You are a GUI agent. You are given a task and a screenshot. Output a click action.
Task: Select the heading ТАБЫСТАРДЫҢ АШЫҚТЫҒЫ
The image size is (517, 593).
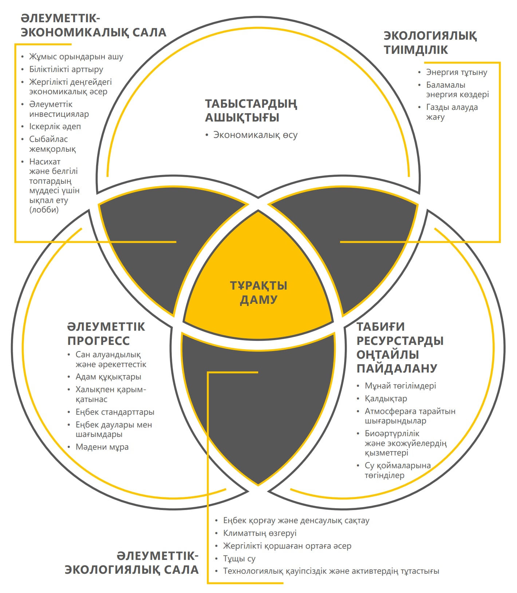pos(251,111)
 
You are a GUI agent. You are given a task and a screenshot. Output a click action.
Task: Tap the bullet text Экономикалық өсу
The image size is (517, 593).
pos(255,135)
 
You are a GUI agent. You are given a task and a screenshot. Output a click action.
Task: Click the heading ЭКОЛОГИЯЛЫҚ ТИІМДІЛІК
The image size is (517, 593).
pos(430,43)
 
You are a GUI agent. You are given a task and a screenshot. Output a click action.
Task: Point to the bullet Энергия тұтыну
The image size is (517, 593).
pos(456,72)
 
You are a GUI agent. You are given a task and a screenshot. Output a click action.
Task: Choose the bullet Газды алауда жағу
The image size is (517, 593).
pos(451,112)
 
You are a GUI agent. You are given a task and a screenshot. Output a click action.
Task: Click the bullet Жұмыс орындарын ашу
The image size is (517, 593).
pos(76,57)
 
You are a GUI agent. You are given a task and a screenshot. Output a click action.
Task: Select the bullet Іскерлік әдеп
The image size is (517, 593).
pos(55,127)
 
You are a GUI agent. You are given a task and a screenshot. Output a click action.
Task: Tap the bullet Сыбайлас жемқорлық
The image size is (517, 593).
pos(52,144)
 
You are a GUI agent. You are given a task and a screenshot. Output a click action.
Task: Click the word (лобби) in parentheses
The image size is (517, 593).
pos(44,210)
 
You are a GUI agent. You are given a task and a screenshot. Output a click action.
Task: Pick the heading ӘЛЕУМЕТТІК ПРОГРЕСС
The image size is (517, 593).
pos(106,334)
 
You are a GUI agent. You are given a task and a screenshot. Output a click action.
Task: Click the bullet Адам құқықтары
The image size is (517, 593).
pos(108,377)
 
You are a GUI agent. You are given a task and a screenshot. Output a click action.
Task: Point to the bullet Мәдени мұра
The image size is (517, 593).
pos(102,447)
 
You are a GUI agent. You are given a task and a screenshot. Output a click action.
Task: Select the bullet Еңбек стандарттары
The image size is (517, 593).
pos(115,412)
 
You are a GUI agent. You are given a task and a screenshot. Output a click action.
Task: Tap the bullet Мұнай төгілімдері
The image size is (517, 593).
pos(400,386)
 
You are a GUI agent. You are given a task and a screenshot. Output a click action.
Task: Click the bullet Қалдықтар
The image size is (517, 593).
pos(386,399)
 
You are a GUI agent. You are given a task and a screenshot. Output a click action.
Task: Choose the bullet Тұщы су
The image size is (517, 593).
pos(239,558)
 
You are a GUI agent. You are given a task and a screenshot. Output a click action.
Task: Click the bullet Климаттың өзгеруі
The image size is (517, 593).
pos(260,533)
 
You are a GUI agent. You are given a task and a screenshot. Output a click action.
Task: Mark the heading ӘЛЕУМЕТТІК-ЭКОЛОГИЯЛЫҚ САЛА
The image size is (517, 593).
pos(132,563)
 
